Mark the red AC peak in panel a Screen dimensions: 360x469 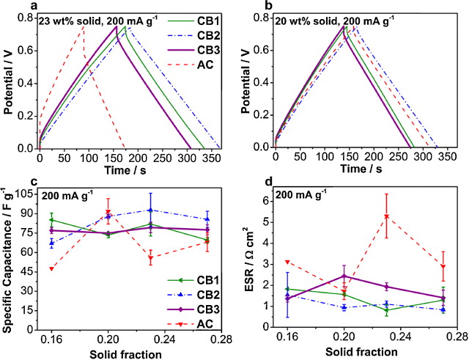84,26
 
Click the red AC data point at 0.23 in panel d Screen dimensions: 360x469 386,216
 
